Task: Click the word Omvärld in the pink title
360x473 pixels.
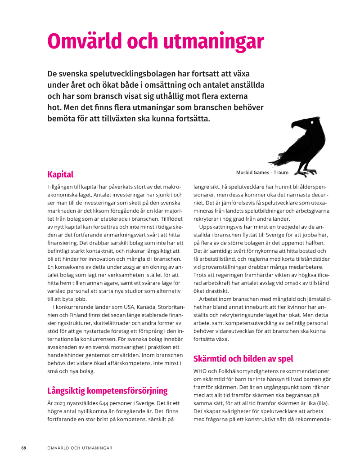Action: (85, 41)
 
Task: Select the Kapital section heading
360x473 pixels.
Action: (60, 174)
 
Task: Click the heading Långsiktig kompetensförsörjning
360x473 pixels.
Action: (108, 390)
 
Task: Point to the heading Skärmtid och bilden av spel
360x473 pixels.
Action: (243, 358)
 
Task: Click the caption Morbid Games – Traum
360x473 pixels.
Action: (262, 172)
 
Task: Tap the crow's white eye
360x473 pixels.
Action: (311, 121)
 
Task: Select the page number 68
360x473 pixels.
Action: (24, 448)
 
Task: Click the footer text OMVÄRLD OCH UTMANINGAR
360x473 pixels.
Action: (80, 448)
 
